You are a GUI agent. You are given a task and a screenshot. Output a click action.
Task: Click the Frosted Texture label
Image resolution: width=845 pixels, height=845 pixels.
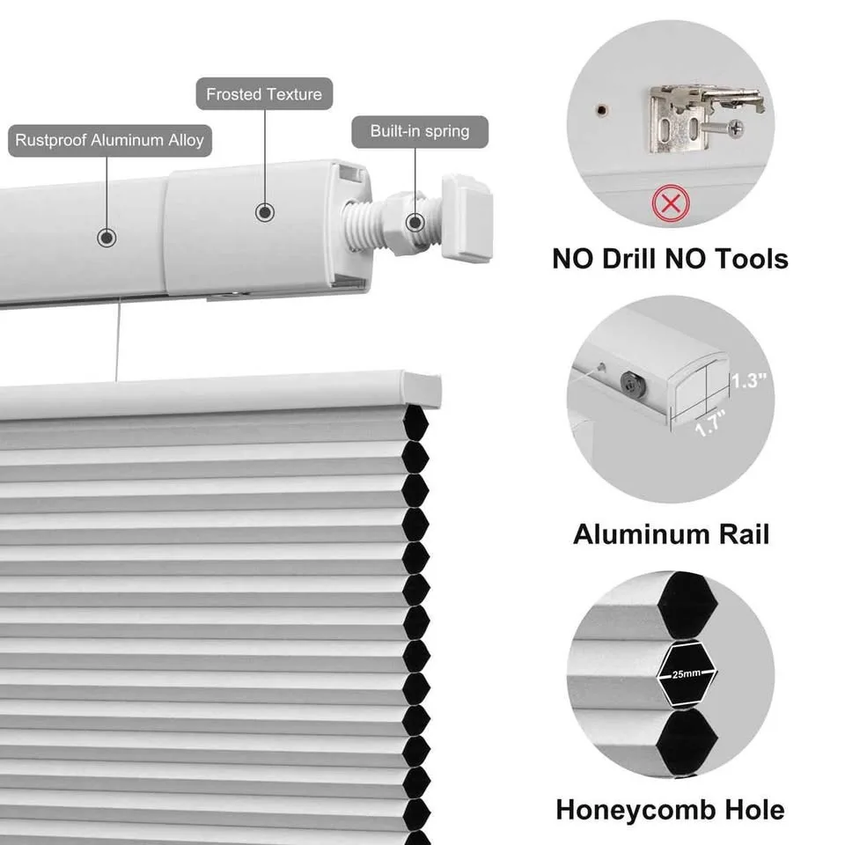(x=264, y=93)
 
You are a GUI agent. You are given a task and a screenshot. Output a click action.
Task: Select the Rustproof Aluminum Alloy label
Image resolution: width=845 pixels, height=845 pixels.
(x=110, y=139)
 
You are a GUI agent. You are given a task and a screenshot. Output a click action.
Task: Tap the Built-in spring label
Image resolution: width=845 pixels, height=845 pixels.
(x=419, y=131)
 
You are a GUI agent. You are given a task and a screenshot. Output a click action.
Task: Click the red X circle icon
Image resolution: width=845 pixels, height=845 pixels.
(x=671, y=205)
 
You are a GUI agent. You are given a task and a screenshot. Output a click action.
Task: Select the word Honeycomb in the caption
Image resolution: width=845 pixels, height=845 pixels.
(x=632, y=809)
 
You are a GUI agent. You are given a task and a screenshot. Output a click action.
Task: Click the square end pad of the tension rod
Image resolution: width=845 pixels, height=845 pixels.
(x=466, y=217)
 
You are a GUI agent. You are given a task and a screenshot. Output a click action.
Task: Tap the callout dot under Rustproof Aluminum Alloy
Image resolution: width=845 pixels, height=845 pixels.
(x=107, y=237)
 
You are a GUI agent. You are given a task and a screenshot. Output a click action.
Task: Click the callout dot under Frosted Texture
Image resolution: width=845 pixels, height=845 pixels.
(x=265, y=212)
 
